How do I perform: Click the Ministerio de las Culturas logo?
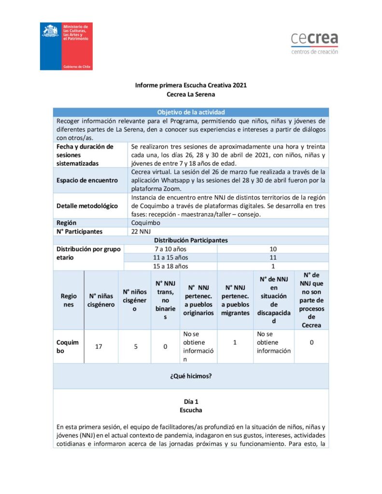tap(66, 46)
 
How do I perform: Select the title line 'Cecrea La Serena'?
tap(191, 95)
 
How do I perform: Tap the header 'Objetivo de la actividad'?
tap(191, 112)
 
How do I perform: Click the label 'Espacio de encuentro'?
tap(87, 180)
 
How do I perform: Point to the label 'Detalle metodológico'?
tap(87, 206)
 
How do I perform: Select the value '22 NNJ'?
tap(141, 231)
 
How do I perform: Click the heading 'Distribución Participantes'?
tap(191, 240)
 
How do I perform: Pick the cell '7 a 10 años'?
tap(170, 248)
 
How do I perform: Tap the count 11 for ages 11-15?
tap(273, 257)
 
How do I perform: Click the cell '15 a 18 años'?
tap(170, 266)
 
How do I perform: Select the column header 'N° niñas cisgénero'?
tap(101, 300)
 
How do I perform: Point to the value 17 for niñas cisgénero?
tap(99, 346)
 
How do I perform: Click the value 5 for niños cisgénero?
tap(135, 346)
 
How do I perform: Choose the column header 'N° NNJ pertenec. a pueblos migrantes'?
tap(235, 300)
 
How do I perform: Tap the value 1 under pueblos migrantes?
tap(235, 342)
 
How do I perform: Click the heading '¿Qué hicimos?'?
tap(191, 376)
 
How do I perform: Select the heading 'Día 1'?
tap(191, 401)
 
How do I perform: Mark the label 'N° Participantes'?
tap(80, 231)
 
